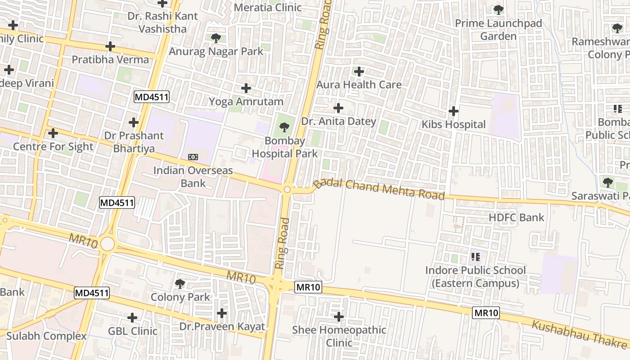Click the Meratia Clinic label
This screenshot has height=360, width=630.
268,8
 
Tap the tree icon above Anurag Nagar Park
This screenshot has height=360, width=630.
216,38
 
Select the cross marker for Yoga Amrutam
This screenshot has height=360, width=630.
246,88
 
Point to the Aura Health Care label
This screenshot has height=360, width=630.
359,85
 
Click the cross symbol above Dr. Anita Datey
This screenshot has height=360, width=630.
338,108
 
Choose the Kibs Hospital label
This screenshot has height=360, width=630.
453,125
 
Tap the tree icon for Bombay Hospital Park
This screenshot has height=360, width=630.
284,128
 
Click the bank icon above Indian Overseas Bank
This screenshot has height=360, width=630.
193,157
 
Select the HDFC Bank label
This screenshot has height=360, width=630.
516,218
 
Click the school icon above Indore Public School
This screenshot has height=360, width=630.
476,257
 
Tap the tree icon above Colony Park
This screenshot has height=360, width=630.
180,284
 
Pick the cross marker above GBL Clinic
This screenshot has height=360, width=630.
132,318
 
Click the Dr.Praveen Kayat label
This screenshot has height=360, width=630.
222,327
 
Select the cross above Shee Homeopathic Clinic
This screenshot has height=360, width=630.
339,317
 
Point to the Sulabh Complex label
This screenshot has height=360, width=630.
46,336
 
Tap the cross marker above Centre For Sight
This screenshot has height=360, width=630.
53,133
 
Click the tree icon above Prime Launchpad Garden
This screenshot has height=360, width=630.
498,9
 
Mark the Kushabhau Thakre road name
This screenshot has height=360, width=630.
580,335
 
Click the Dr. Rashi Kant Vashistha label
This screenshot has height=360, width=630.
162,22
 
